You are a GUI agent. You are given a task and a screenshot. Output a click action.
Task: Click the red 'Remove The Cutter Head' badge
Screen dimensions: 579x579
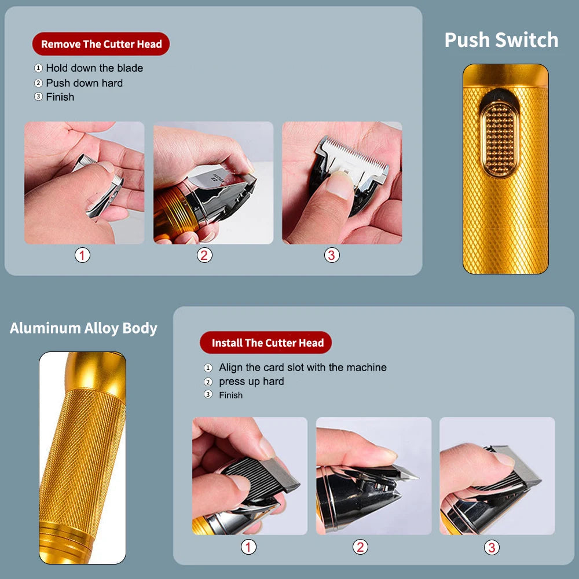(x=101, y=44)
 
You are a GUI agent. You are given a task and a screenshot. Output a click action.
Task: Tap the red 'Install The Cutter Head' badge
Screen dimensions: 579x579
(x=266, y=343)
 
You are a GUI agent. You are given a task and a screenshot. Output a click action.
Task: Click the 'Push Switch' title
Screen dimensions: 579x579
(x=501, y=40)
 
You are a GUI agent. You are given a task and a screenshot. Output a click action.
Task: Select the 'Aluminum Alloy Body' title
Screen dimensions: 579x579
(x=83, y=328)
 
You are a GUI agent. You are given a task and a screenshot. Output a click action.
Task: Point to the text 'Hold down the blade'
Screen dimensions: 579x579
(x=94, y=68)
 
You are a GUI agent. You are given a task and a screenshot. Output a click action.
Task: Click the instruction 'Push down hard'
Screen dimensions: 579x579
(x=85, y=83)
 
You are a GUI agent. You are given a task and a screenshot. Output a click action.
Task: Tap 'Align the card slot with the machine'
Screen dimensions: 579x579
(x=302, y=368)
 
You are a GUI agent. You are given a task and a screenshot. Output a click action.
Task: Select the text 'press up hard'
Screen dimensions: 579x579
(x=251, y=382)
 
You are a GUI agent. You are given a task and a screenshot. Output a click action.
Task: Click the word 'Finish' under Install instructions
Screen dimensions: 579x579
(x=230, y=395)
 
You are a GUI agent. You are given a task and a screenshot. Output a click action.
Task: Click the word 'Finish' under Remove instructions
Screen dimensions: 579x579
(x=60, y=97)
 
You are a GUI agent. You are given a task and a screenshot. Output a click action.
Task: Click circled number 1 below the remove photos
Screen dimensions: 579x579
(x=83, y=255)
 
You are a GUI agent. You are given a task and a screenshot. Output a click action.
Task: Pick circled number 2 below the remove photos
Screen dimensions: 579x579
(x=204, y=255)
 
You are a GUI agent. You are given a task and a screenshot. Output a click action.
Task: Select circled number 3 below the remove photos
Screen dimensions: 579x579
(x=332, y=255)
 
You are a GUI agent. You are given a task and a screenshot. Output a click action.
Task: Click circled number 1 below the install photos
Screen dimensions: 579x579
(x=248, y=547)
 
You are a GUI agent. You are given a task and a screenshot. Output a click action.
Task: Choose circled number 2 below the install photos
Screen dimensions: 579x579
(x=361, y=547)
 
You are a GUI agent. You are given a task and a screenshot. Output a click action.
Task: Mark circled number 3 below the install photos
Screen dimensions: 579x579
(x=492, y=547)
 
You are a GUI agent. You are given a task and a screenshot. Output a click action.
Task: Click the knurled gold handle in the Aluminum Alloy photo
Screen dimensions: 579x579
(x=81, y=457)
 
